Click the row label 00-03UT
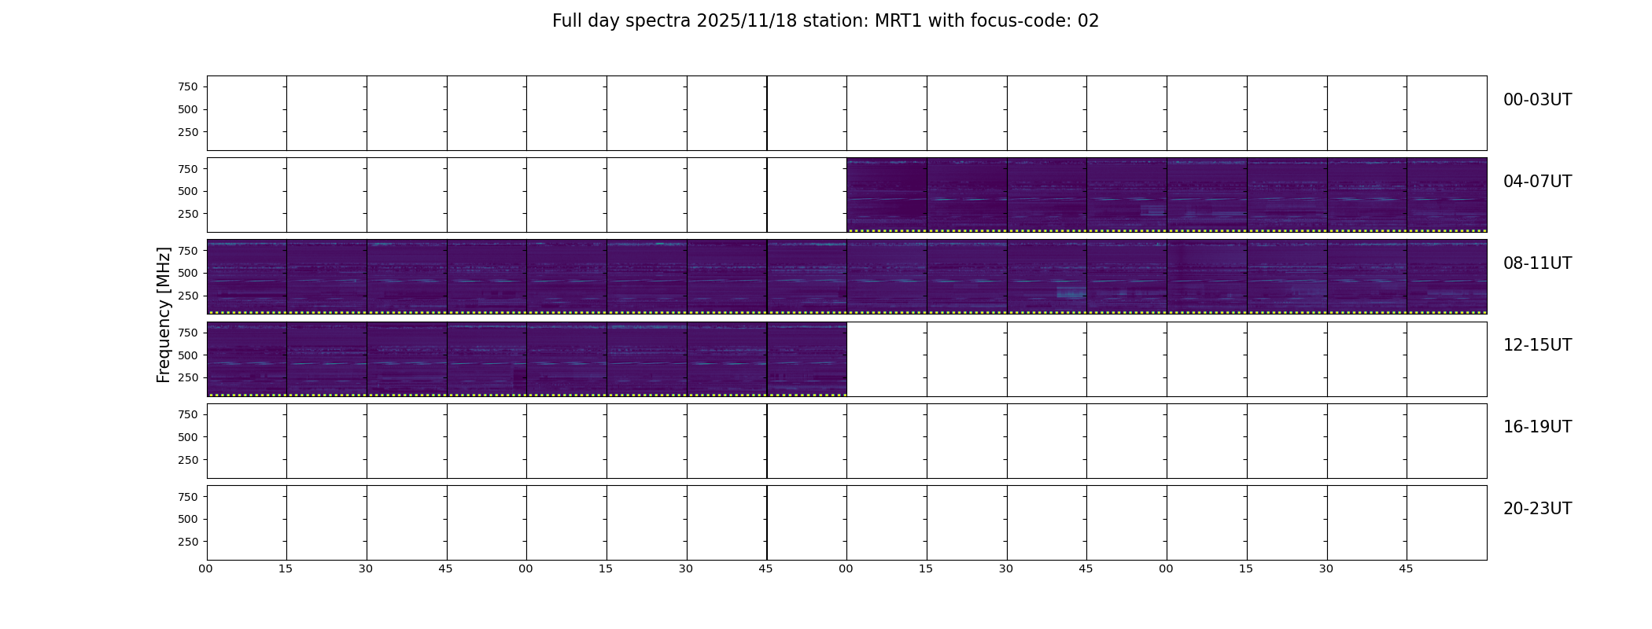1537,100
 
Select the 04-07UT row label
1537,182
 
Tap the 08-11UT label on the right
1537,263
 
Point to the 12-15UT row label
1537,345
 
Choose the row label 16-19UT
1537,427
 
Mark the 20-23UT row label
1537,509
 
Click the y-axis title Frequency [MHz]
164,314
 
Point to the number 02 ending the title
1088,21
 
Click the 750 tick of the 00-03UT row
188,86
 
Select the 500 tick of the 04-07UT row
188,191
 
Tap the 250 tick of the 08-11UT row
188,296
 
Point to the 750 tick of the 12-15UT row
188,333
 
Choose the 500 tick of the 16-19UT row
188,437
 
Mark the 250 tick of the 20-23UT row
188,542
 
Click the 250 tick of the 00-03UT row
188,132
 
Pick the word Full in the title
566,21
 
